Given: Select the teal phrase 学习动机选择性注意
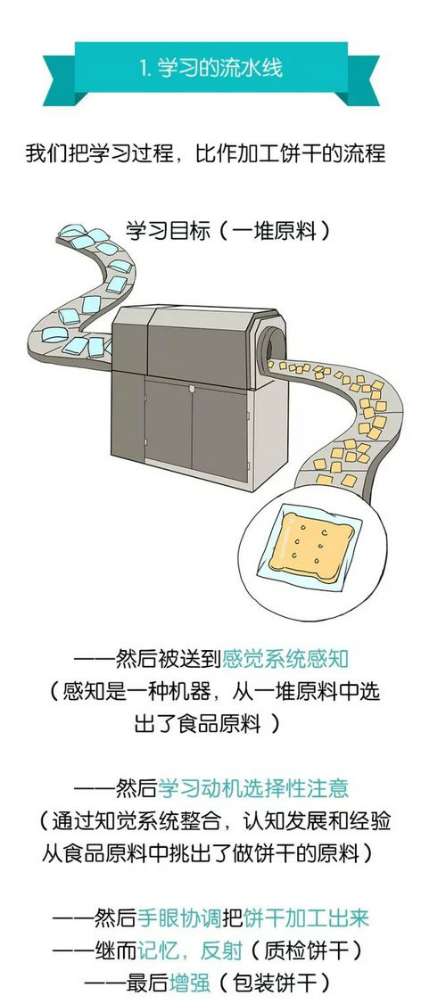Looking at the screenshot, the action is click(x=253, y=787).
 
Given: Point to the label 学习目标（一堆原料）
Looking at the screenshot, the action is click(x=228, y=231).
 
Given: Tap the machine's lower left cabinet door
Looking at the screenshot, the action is click(x=168, y=424).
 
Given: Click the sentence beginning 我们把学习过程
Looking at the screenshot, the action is click(x=206, y=154).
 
